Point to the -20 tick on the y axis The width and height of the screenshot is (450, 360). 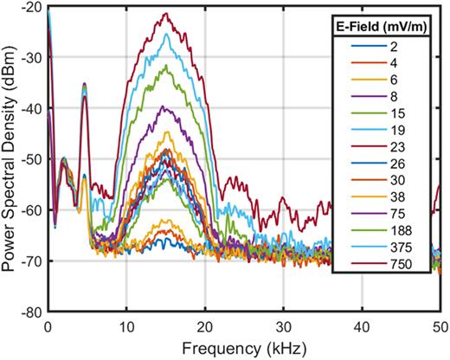(33, 7)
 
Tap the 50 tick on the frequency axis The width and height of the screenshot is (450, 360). (439, 326)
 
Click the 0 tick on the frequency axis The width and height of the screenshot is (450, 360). (48, 326)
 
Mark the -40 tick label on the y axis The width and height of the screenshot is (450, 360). (33, 108)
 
